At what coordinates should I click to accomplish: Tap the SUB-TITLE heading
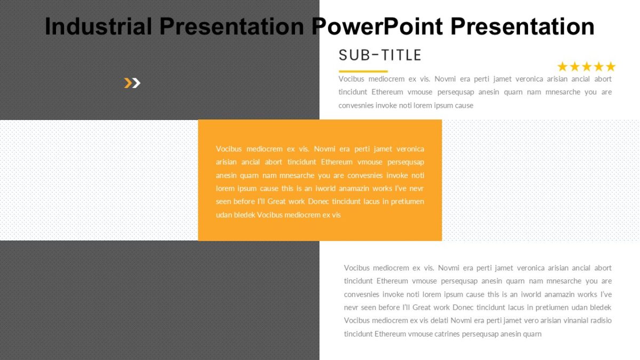click(380, 55)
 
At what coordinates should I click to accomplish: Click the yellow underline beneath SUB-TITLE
click(363, 71)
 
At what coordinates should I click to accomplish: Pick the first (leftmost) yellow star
click(563, 67)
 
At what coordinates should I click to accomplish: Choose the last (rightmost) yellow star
click(610, 67)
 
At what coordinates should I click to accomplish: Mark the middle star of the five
click(587, 67)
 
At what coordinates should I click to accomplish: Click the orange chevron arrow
click(128, 83)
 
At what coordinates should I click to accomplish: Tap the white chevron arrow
click(136, 83)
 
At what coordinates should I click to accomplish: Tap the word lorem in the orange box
click(225, 188)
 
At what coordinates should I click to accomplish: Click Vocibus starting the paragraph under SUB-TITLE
click(351, 79)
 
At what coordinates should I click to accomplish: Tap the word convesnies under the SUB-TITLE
click(356, 105)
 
